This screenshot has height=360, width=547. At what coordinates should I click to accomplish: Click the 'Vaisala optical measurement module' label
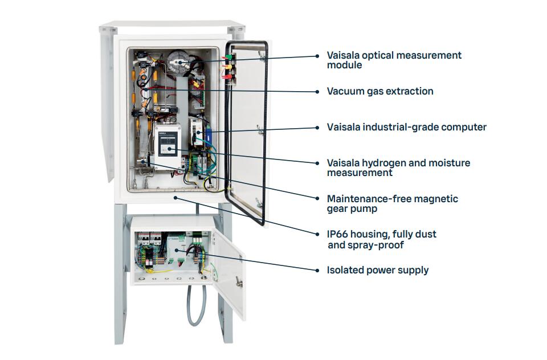[394, 60]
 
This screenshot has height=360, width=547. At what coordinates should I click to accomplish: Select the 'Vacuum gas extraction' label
[380, 91]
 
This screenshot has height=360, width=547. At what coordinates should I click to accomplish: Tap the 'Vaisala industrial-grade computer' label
[406, 128]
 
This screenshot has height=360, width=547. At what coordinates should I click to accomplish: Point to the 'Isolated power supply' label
[377, 271]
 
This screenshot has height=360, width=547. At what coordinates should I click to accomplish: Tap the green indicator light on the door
[228, 57]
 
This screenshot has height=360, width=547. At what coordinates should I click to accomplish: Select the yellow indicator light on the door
[228, 65]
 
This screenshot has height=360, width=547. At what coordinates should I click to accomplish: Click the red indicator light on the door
[228, 72]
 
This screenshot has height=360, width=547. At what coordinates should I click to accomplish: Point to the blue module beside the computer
[209, 134]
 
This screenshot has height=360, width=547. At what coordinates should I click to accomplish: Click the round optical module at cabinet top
[179, 62]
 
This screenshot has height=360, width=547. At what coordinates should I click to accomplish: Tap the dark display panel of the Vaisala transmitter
[168, 145]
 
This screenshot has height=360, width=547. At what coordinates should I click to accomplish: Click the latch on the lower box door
[239, 281]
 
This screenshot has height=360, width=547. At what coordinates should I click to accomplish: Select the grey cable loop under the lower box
[197, 306]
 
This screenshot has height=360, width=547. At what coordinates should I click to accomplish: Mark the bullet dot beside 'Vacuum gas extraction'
[317, 92]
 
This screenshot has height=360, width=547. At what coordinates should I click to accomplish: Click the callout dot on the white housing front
[175, 198]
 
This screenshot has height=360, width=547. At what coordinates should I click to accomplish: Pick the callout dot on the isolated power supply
[176, 250]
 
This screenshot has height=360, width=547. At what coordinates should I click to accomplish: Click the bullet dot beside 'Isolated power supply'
[317, 271]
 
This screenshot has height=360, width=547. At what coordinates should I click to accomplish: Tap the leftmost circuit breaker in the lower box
[144, 239]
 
